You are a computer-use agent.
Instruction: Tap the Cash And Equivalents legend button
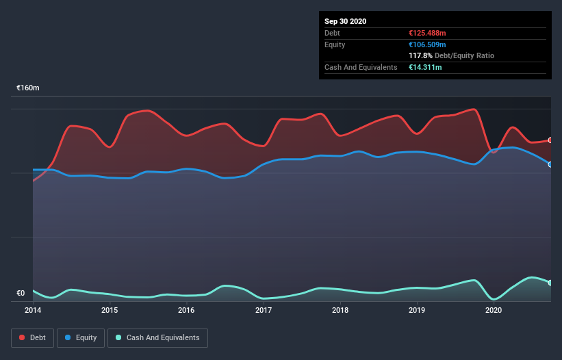pyautogui.click(x=157, y=337)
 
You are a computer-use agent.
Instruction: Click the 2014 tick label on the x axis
pyautogui.click(x=33, y=310)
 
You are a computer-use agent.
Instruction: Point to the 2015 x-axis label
pyautogui.click(x=110, y=310)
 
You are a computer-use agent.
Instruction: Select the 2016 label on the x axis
pyautogui.click(x=186, y=310)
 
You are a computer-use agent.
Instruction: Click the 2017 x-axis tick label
pyautogui.click(x=264, y=310)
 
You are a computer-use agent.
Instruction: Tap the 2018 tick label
pyautogui.click(x=340, y=310)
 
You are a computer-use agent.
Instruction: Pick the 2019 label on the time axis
pyautogui.click(x=417, y=310)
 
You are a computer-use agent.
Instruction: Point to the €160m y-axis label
pyautogui.click(x=28, y=88)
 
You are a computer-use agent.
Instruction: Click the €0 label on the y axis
pyautogui.click(x=21, y=294)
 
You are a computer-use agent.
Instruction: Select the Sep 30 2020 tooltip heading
pyautogui.click(x=345, y=21)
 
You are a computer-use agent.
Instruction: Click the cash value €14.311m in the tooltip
pyautogui.click(x=424, y=67)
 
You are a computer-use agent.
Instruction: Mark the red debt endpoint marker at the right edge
pyautogui.click(x=550, y=140)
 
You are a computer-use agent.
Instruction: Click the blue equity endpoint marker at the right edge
pyautogui.click(x=550, y=164)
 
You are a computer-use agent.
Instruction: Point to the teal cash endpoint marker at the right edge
pyautogui.click(x=550, y=283)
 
